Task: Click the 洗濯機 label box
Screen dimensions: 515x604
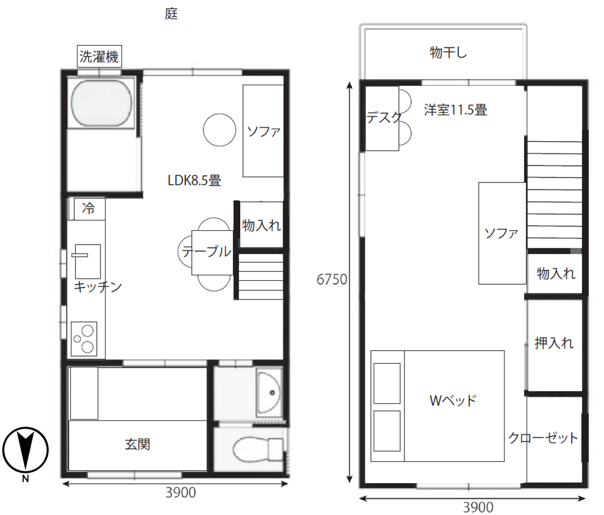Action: point(99,57)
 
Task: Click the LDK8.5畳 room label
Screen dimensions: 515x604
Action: point(195,180)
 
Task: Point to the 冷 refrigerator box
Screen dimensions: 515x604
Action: point(88,209)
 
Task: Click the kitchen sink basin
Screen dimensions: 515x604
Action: point(87,261)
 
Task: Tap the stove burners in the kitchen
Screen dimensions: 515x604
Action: point(84,339)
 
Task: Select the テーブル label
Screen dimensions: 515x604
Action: point(206,252)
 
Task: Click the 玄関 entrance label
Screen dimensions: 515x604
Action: point(137,444)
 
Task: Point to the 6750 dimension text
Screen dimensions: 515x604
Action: point(331,280)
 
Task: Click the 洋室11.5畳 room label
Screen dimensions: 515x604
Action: point(455,110)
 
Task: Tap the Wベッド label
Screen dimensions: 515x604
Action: point(452,400)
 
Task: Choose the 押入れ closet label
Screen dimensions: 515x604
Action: point(554,344)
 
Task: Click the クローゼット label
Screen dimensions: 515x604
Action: point(543,438)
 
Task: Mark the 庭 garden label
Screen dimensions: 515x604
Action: point(171,14)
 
